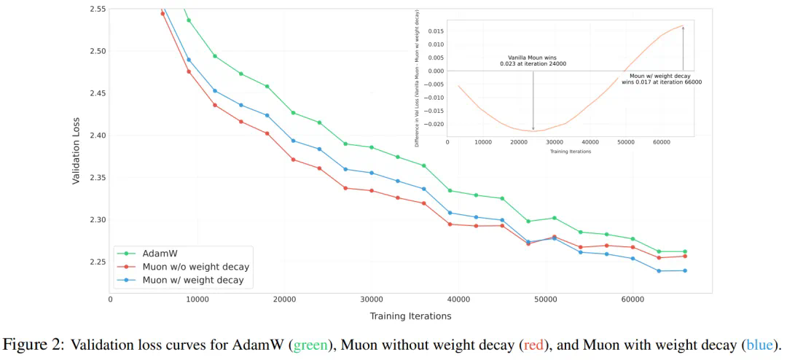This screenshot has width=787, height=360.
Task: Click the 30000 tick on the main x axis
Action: (x=372, y=300)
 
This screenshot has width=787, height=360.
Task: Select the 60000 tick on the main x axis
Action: (x=633, y=300)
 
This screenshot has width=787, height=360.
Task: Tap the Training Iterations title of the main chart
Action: (x=410, y=316)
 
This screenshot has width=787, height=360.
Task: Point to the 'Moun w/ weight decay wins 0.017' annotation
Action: (x=662, y=79)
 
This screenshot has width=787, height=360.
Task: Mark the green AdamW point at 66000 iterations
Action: (x=684, y=251)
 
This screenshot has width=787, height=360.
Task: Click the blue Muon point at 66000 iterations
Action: (x=684, y=271)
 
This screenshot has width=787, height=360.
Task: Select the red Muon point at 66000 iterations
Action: (x=684, y=256)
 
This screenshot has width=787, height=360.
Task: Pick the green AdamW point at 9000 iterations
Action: (x=189, y=20)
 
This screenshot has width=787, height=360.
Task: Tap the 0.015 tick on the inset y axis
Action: (x=434, y=31)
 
